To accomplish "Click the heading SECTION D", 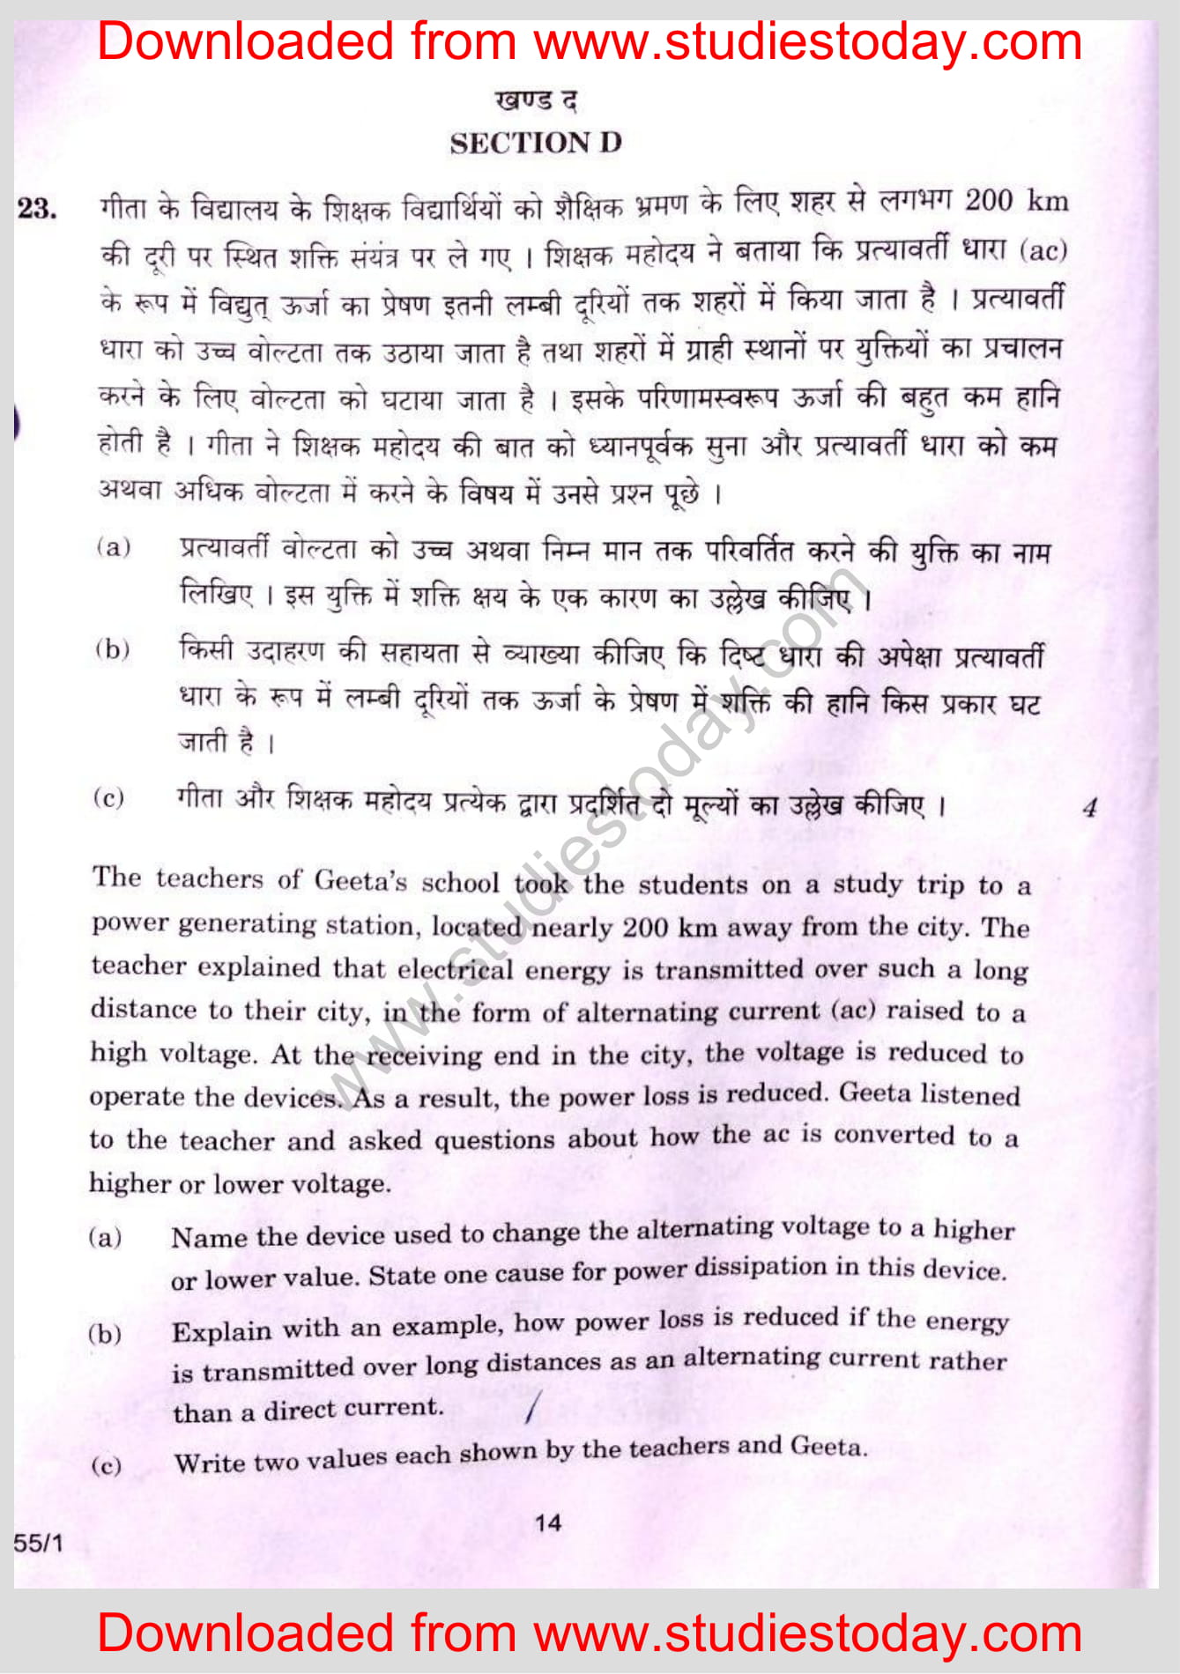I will [536, 143].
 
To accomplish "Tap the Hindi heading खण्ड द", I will [536, 100].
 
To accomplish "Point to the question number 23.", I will [37, 209].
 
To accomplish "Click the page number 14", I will [548, 1522].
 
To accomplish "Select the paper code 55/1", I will [38, 1543].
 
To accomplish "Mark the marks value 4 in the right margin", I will [1090, 807].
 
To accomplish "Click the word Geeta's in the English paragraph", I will [360, 880].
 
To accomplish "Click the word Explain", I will [221, 1330].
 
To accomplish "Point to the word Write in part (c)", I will [210, 1463].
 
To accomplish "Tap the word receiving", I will [424, 1055].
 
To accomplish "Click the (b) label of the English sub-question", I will [105, 1333].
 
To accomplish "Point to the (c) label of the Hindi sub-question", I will [108, 798].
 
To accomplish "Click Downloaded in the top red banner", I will [245, 42].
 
